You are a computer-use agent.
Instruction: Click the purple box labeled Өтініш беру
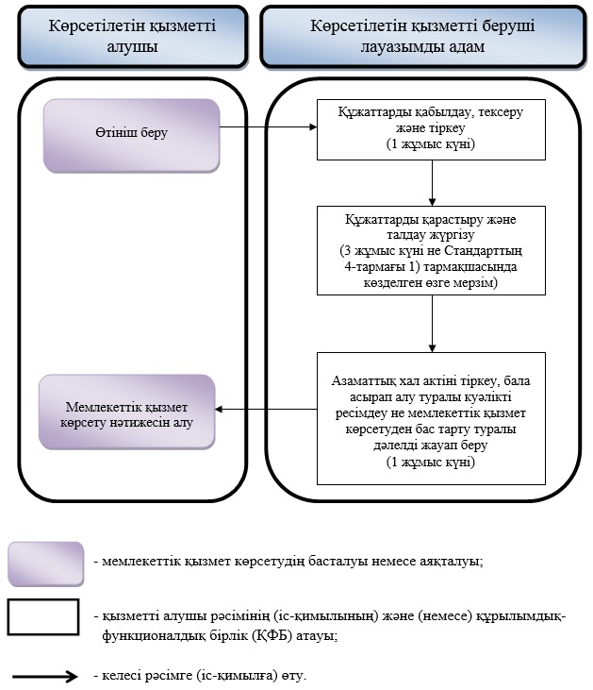coord(131,135)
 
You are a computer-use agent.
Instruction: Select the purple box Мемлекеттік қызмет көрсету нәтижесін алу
coord(127,412)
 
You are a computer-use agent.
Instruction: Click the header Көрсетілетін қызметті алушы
coord(132,36)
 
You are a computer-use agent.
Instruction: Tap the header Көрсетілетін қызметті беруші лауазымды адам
coord(423,36)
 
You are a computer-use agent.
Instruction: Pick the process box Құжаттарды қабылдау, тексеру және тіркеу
coord(431,129)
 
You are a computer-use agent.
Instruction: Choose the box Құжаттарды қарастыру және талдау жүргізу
coord(431,250)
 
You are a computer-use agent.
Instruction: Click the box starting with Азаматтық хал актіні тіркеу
coord(431,418)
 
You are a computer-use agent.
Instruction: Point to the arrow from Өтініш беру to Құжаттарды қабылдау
coord(268,127)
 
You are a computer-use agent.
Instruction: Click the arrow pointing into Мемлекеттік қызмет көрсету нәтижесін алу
coord(266,410)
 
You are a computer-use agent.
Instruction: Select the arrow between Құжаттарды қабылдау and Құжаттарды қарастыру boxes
coord(432,183)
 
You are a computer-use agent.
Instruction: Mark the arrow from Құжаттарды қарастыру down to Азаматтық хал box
coord(432,324)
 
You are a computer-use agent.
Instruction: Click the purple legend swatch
coord(45,564)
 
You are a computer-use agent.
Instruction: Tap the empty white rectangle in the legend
coord(43,617)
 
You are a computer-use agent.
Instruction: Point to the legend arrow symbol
coord(45,676)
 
